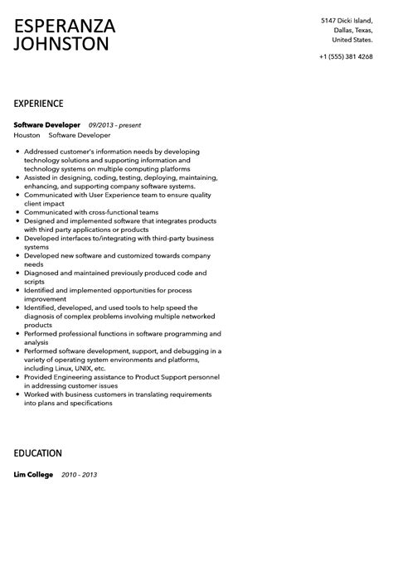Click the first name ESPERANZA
click(65, 27)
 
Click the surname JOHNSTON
click(61, 45)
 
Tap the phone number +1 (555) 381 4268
click(345, 56)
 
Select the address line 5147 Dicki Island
click(347, 20)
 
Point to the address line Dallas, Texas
click(352, 30)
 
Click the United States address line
click(352, 40)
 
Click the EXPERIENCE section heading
click(38, 104)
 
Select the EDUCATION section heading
click(37, 453)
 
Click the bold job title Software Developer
click(47, 125)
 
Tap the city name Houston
click(27, 135)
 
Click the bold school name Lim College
click(33, 475)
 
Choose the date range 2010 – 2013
click(79, 475)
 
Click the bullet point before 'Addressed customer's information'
click(17, 152)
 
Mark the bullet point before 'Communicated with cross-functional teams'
click(17, 212)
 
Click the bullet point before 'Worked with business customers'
click(17, 394)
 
